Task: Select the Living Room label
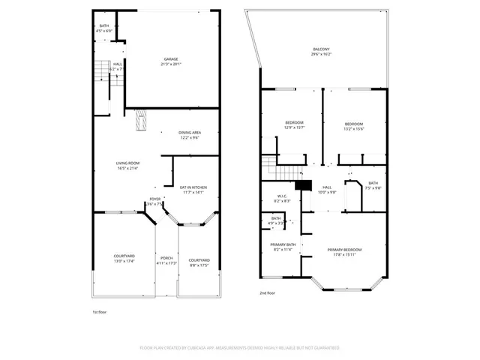(x=128, y=166)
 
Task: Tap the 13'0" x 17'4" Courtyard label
(x=123, y=259)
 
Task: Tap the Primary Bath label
(x=282, y=247)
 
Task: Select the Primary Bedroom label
(x=344, y=252)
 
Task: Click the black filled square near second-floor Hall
(x=303, y=186)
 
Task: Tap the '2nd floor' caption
(x=268, y=293)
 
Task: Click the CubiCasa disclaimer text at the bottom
(x=240, y=348)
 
